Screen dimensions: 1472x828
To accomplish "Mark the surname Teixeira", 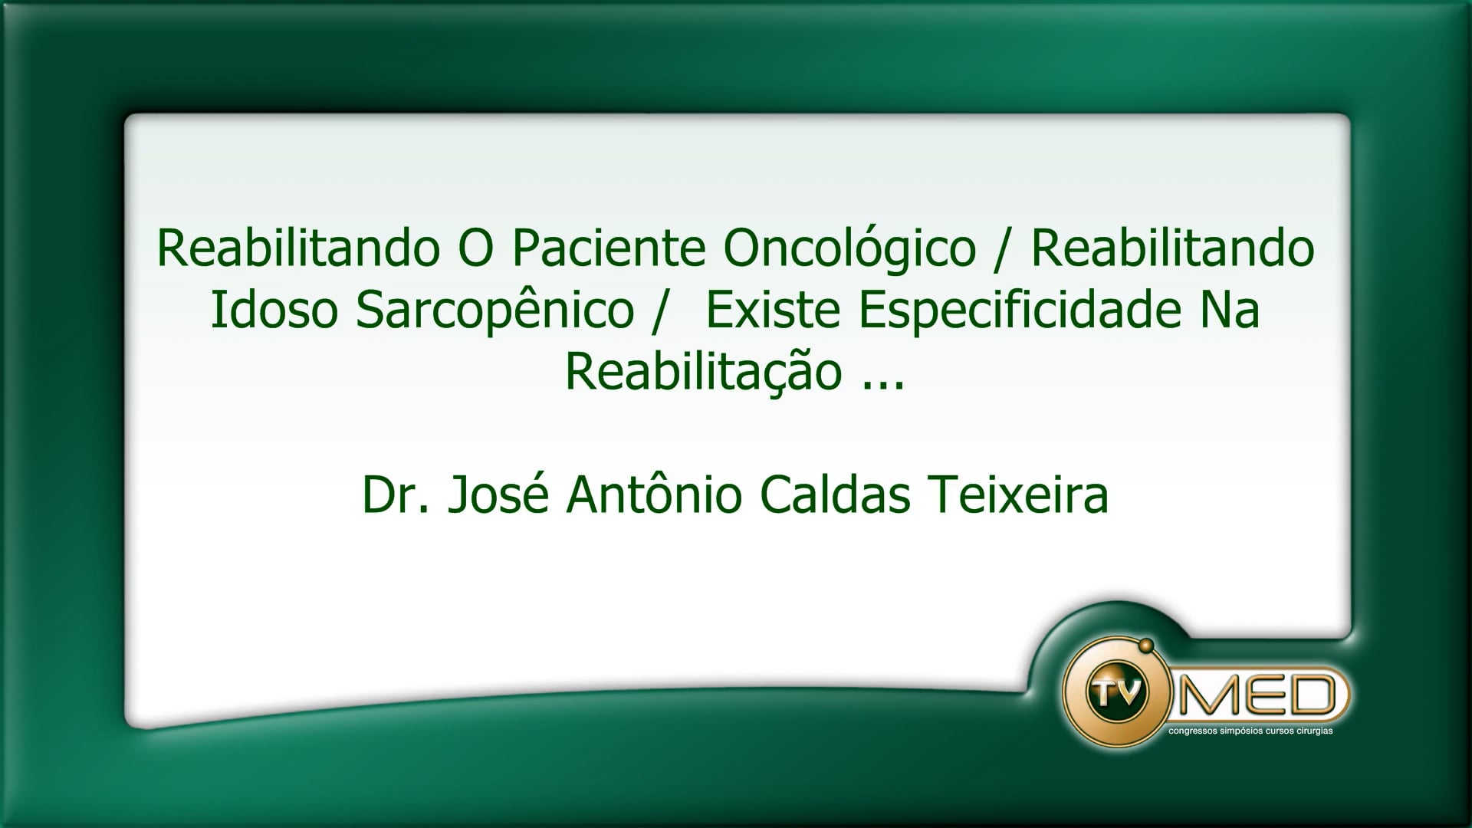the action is [1018, 495].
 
